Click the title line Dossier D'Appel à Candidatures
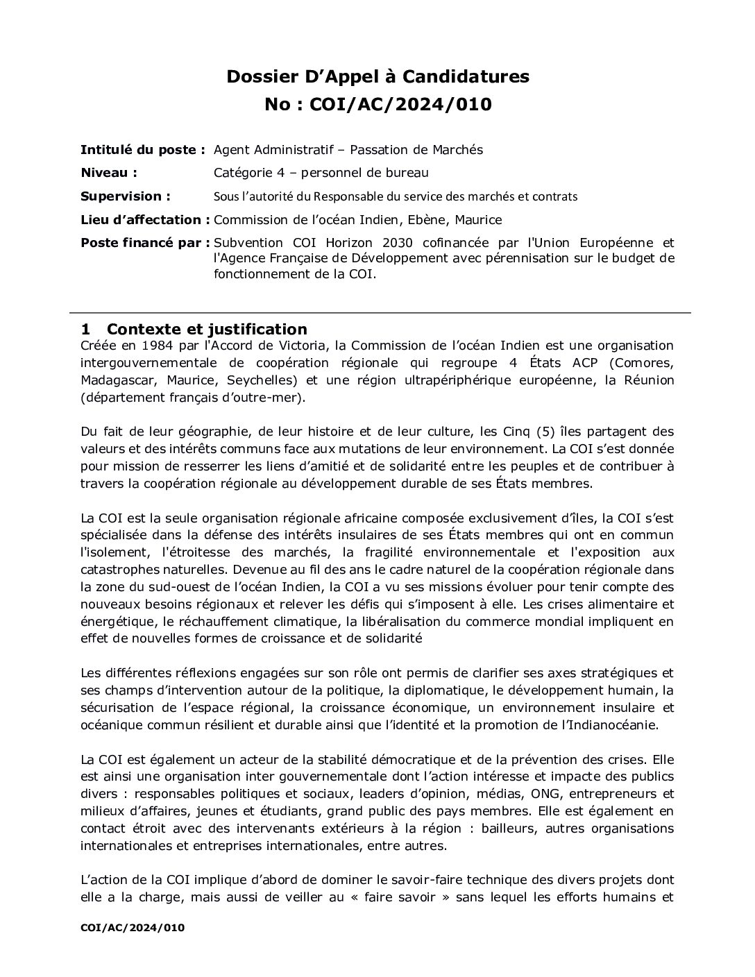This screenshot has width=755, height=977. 377,76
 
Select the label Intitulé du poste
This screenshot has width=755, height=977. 142,149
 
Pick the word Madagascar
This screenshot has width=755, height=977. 114,380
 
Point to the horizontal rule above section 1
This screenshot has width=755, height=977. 386,314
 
